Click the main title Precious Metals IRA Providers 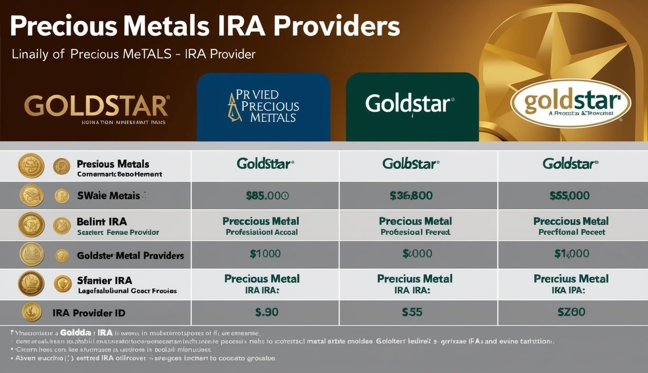204,27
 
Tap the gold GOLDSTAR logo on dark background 97,106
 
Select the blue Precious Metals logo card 263,107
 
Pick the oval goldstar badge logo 571,103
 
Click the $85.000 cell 267,196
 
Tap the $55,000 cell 569,196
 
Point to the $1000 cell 265,254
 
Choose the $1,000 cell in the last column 572,254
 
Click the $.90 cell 266,312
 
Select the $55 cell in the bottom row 412,312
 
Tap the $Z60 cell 571,312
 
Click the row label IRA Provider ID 89,313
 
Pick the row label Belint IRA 102,222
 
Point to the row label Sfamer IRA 105,280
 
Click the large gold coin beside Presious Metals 31,166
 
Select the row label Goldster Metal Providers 130,255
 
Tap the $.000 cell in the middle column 417,254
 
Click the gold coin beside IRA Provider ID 32,312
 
